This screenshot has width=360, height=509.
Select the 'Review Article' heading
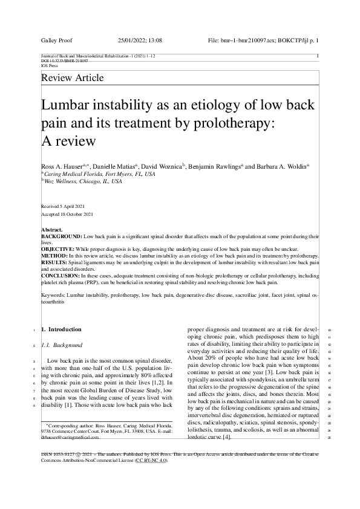[x=72, y=78]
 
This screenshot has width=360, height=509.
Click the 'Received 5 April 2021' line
[x=66, y=206]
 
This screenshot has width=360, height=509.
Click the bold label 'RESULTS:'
[x=54, y=262]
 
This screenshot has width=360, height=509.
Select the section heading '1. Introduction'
[x=61, y=329]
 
